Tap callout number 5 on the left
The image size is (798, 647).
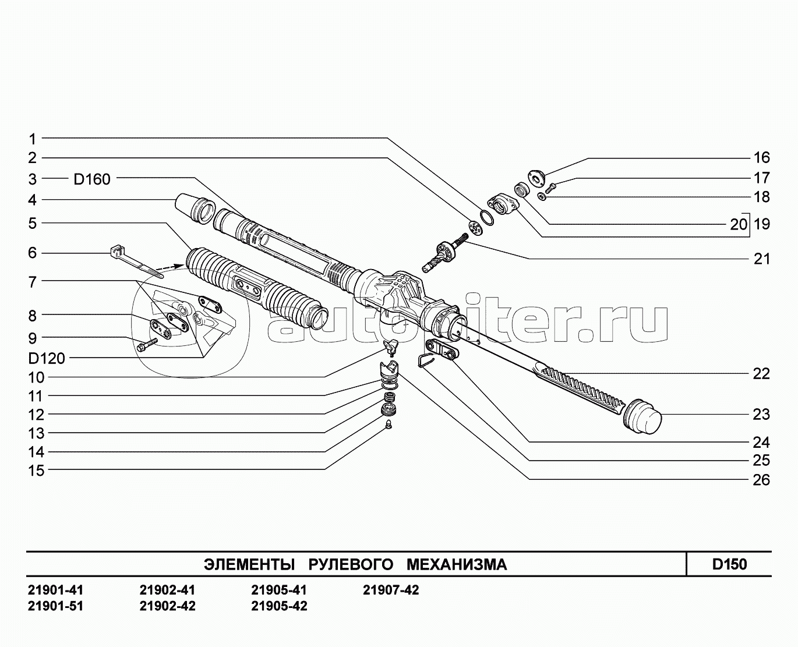point(33,224)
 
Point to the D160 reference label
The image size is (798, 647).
point(92,179)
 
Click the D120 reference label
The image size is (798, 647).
point(47,359)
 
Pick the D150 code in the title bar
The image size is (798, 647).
point(729,564)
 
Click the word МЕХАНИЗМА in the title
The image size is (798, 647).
point(457,564)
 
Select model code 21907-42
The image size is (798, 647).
point(391,591)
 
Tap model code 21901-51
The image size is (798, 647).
point(55,606)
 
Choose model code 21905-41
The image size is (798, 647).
point(279,591)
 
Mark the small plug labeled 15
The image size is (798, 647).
point(389,425)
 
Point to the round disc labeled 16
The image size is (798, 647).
point(536,178)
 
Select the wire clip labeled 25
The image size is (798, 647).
point(425,360)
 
